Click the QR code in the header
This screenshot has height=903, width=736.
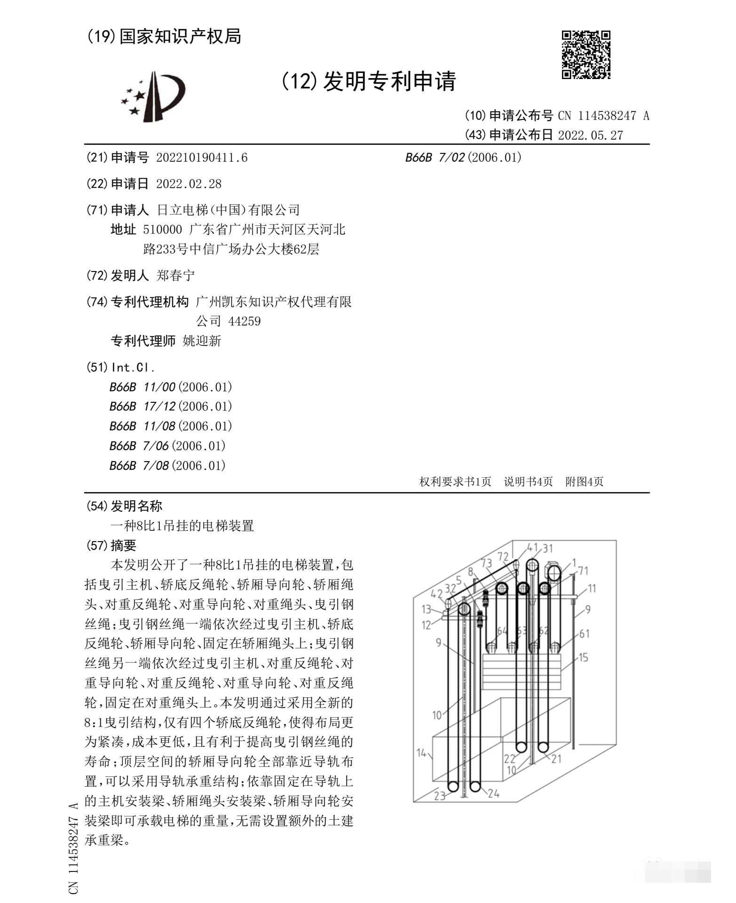point(586,55)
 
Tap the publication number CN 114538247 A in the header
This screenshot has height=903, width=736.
point(603,116)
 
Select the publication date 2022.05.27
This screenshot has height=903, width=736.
point(590,136)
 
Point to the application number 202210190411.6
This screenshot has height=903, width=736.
point(201,158)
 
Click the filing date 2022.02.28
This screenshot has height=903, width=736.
point(188,184)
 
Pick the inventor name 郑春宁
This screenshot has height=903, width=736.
point(175,275)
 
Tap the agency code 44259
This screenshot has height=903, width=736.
point(244,321)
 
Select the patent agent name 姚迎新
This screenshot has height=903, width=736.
point(202,341)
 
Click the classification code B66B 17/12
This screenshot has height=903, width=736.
point(171,407)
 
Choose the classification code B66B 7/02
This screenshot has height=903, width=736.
point(463,158)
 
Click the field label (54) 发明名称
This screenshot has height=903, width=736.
point(125,506)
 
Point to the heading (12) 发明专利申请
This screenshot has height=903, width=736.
point(369,81)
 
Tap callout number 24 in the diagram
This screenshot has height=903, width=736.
point(493,793)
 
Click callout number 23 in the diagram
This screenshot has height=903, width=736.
point(439,796)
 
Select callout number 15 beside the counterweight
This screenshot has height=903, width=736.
point(583,657)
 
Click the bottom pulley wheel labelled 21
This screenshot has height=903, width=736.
point(543,747)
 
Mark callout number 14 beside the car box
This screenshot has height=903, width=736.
point(421,753)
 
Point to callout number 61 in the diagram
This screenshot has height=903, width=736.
point(584,634)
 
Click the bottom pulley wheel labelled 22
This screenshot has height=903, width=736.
point(521,747)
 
